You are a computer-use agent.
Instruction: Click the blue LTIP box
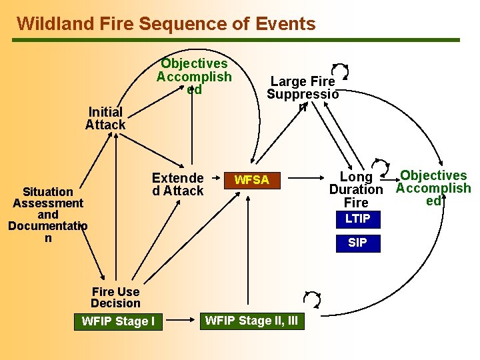[357, 219]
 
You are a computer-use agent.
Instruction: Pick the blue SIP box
[357, 243]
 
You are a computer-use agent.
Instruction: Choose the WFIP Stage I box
[118, 321]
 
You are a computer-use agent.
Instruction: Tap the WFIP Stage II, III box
[251, 321]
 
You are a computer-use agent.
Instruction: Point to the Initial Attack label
[105, 119]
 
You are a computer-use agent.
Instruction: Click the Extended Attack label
[177, 185]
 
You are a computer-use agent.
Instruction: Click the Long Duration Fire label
[356, 189]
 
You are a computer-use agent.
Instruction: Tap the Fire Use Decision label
[115, 297]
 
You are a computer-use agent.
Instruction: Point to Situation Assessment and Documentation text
[47, 215]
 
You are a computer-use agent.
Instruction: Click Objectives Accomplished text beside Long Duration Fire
[433, 188]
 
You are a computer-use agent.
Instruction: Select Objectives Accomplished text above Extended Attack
[194, 76]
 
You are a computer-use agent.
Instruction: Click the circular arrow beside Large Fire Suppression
[340, 71]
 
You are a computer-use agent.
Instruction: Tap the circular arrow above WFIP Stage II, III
[311, 299]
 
